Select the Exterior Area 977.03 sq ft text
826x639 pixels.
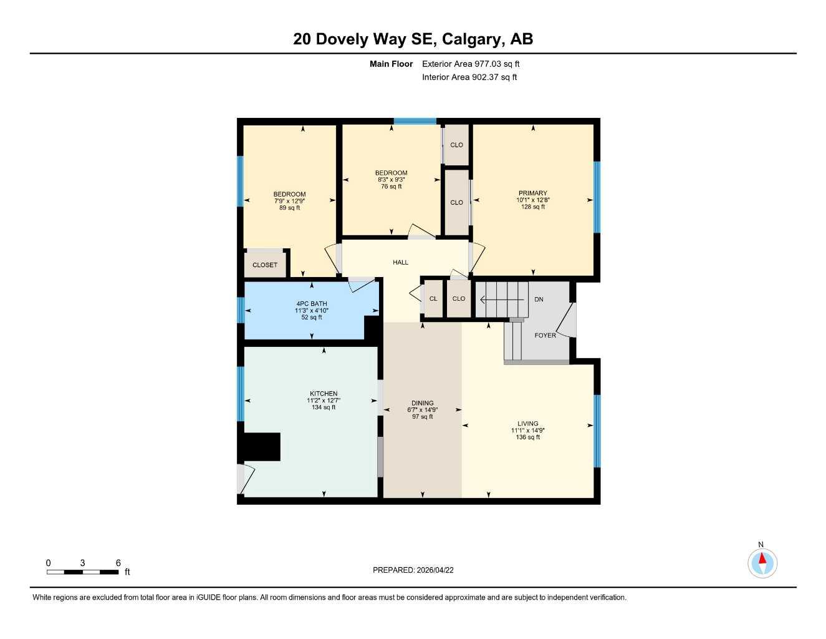click(471, 64)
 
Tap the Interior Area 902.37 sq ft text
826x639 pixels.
click(469, 77)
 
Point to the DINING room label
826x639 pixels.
click(422, 403)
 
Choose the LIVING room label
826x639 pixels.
click(527, 423)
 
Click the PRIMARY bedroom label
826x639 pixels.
click(532, 193)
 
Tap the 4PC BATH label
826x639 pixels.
click(312, 304)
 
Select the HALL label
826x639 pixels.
click(400, 262)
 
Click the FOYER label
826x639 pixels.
click(545, 335)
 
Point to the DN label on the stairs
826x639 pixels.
click(539, 300)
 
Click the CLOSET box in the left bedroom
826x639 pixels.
click(265, 265)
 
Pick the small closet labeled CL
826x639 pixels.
click(433, 299)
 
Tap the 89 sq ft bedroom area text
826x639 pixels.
click(289, 208)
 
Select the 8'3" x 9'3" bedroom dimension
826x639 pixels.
click(391, 180)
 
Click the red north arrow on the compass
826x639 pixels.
click(762, 559)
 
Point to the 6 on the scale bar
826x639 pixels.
click(118, 563)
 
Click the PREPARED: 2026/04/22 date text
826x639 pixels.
click(413, 570)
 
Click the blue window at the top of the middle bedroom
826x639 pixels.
click(415, 121)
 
